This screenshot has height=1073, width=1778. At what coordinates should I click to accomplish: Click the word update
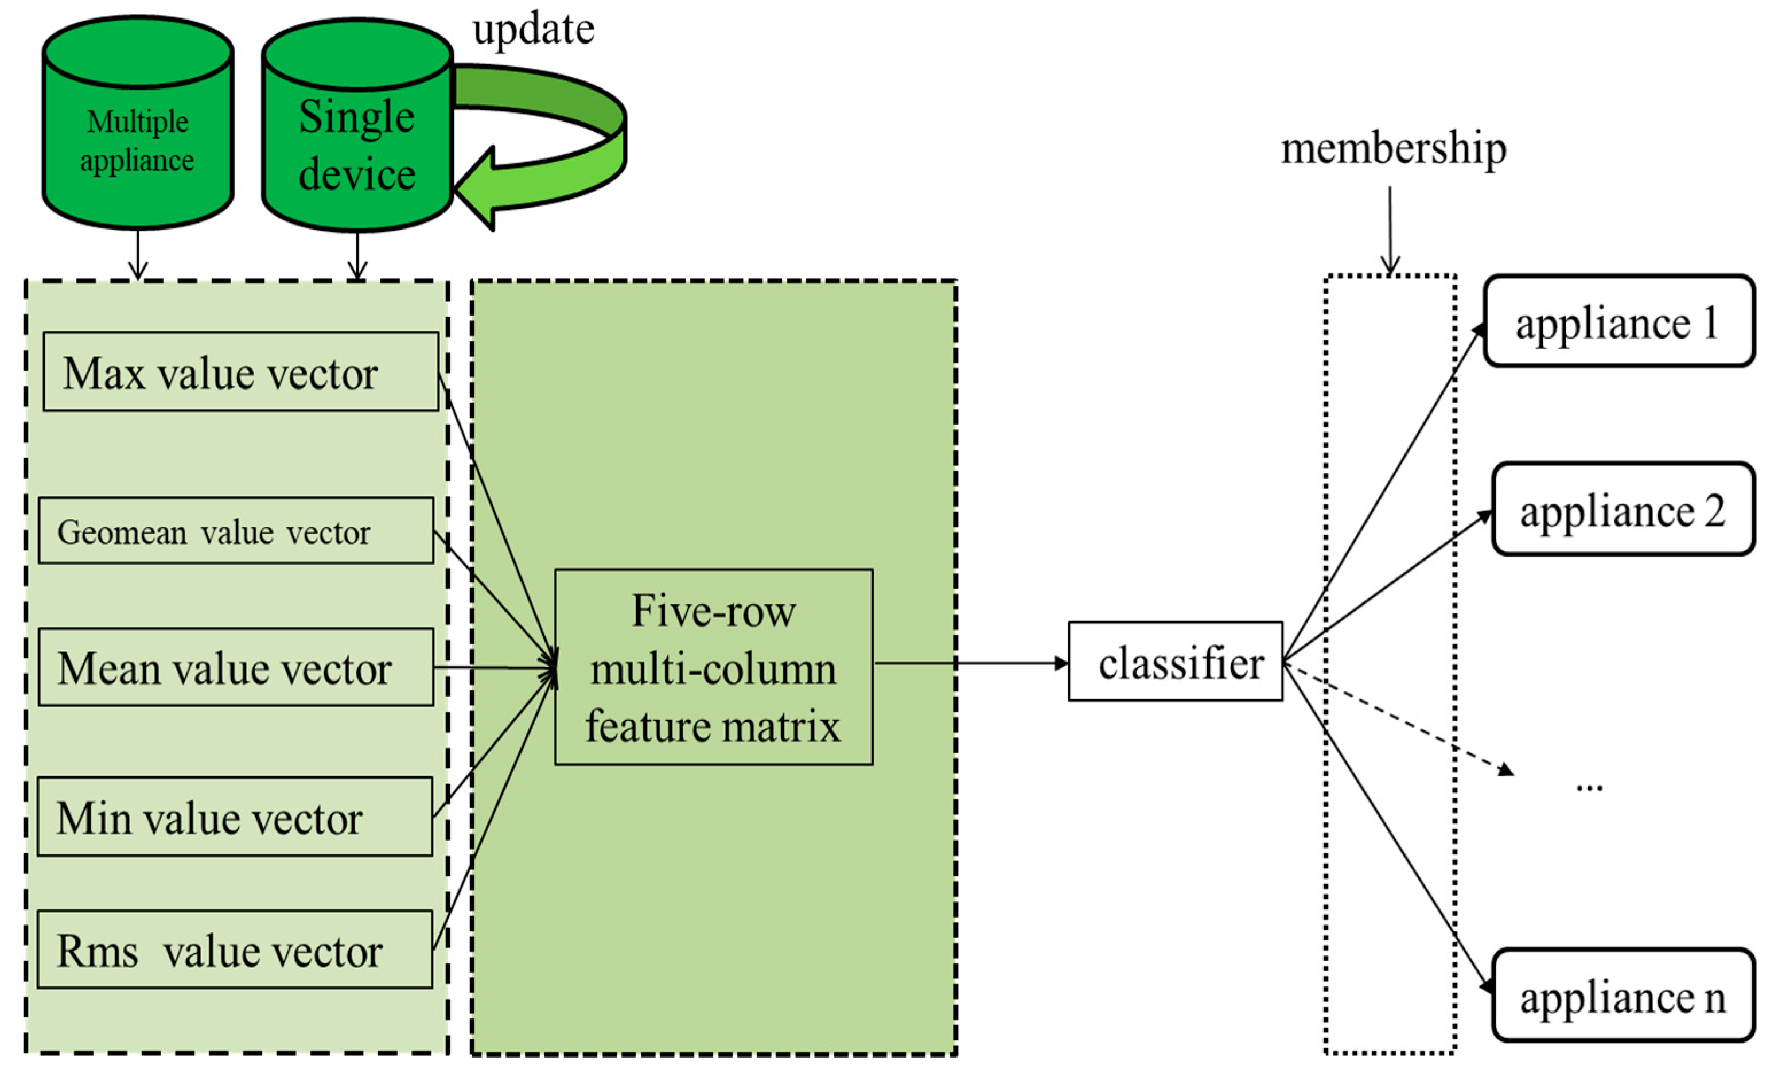pyautogui.click(x=533, y=30)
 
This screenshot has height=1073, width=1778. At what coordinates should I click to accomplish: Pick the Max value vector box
pyautogui.click(x=240, y=372)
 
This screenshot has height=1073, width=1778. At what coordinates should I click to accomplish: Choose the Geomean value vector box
pyautogui.click(x=235, y=530)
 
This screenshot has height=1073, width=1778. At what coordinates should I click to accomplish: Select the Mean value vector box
pyautogui.click(x=235, y=667)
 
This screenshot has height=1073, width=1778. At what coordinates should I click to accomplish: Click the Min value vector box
pyautogui.click(x=235, y=817)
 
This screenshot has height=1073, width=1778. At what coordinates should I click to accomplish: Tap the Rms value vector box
pyautogui.click(x=235, y=950)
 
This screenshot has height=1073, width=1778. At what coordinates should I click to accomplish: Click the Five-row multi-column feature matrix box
pyautogui.click(x=713, y=667)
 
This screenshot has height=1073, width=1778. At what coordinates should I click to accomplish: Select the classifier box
pyautogui.click(x=1175, y=662)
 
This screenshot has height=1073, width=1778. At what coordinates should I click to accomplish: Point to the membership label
pyautogui.click(x=1392, y=149)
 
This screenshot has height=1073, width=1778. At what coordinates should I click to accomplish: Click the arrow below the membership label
pyautogui.click(x=1390, y=231)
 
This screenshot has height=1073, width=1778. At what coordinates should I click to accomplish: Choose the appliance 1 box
pyautogui.click(x=1618, y=322)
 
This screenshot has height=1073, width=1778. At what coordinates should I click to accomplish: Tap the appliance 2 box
pyautogui.click(x=1622, y=510)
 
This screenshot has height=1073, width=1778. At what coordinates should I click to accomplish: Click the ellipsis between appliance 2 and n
pyautogui.click(x=1589, y=787)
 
